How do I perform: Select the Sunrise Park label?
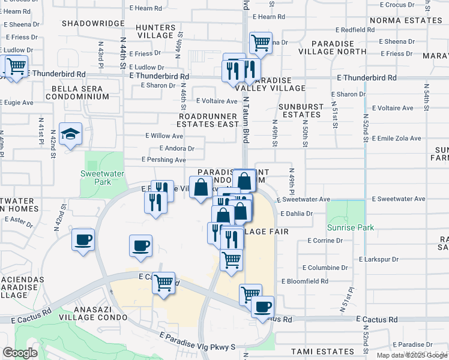coord(351,227)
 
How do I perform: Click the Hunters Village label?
coord(155,32)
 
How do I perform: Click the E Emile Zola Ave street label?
coord(397,138)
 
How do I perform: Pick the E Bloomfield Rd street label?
coord(307,281)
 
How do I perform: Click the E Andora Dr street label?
coord(176,148)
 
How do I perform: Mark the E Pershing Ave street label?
coord(163,160)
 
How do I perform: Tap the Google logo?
coord(19,353)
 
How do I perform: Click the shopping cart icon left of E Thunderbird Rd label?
coord(16,67)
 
